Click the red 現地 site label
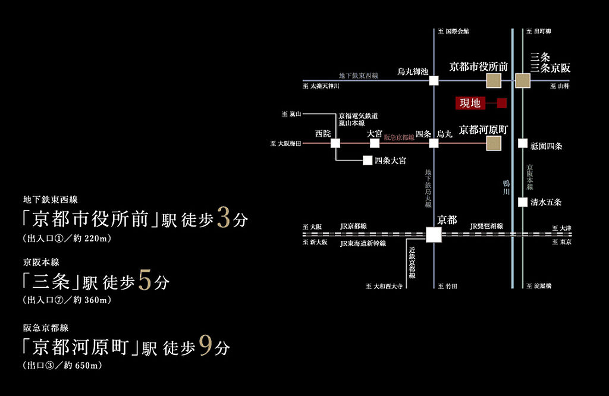(x=470, y=103)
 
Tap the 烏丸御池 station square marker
(x=434, y=80)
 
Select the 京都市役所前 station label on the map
(x=478, y=67)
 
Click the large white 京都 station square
(x=434, y=234)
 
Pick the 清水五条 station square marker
(x=522, y=202)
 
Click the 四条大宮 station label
(x=391, y=161)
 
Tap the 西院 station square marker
(x=335, y=143)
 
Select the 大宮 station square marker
(x=375, y=143)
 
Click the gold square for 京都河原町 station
(x=494, y=143)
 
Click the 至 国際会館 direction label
(x=453, y=31)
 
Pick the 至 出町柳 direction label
(x=539, y=31)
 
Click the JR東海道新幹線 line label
(x=363, y=243)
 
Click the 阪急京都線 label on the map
(x=399, y=137)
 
